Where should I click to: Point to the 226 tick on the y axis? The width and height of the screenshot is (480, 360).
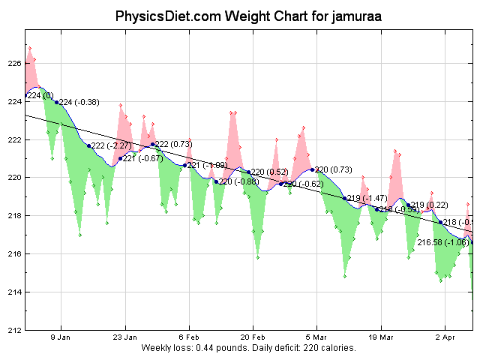[x=15, y=64]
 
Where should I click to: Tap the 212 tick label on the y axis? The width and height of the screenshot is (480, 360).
[x=15, y=330]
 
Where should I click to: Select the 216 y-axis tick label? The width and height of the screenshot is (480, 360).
[x=15, y=254]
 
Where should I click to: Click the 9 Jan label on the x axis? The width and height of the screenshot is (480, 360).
[x=61, y=337]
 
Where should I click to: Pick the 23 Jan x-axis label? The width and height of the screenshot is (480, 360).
[x=125, y=337]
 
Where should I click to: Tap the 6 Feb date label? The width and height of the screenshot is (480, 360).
[x=189, y=337]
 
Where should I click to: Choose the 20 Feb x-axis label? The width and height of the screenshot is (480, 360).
[x=253, y=337]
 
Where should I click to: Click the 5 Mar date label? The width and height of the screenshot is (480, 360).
[x=316, y=337]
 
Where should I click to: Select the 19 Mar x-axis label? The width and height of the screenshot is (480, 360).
[x=381, y=337]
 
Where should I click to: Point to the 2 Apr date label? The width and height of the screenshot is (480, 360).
[x=445, y=337]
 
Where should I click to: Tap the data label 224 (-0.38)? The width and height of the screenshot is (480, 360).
[x=79, y=102]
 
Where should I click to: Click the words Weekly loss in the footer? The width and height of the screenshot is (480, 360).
[x=166, y=349]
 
